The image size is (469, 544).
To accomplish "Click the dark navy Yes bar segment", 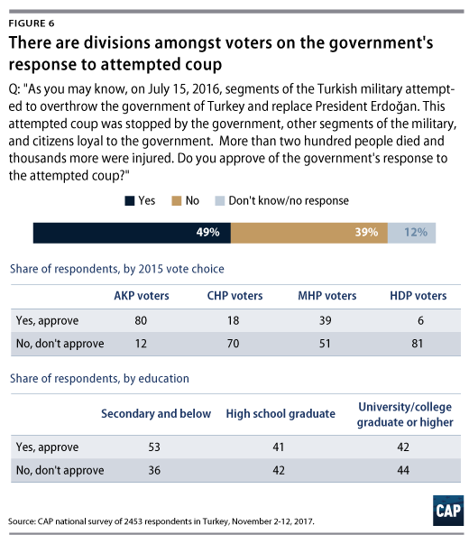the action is [x=132, y=233].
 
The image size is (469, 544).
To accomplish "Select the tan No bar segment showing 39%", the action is [x=309, y=233].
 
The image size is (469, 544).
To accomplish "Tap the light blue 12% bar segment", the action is [x=412, y=233].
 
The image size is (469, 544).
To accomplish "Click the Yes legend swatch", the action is [x=129, y=201].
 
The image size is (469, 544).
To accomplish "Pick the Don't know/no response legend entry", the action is [x=282, y=200].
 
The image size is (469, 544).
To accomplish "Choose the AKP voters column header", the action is [x=142, y=296].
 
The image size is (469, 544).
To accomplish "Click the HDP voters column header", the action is [x=418, y=296].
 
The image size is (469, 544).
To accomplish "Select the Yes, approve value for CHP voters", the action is [x=233, y=320].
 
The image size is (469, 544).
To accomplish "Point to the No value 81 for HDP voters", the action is [x=418, y=344].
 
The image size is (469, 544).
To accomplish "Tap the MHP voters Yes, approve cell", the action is [x=325, y=320].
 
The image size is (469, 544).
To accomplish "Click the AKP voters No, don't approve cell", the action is [x=141, y=344].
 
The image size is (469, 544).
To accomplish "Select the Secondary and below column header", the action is [x=156, y=413].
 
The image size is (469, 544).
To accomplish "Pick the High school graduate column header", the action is [x=280, y=413].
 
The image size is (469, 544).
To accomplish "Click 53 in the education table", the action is [x=154, y=447].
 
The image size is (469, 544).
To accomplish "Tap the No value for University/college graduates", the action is [x=403, y=470].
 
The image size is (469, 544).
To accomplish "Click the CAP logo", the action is [x=448, y=511].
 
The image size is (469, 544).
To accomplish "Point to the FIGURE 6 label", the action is [x=32, y=23].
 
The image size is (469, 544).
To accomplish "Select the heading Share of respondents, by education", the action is [x=99, y=379].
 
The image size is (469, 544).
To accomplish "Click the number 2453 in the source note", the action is [x=133, y=521].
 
